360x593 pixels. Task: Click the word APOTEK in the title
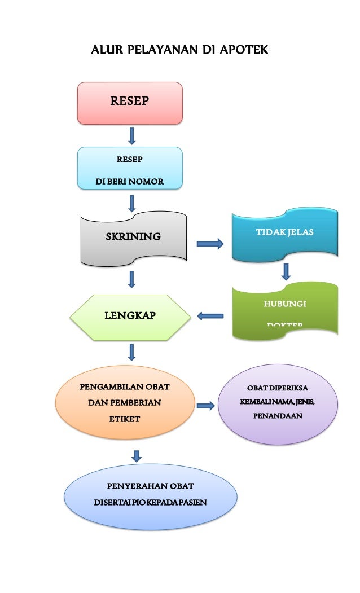tap(244, 51)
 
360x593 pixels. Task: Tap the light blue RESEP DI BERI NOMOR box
tap(130, 168)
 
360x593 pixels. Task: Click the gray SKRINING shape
tap(133, 238)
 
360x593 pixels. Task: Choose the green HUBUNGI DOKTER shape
tap(285, 311)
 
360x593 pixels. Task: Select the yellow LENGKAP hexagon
tap(130, 317)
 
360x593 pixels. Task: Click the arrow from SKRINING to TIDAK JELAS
tap(210, 244)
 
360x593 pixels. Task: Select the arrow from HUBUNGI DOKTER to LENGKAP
tap(210, 317)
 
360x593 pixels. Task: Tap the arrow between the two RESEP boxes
tap(132, 135)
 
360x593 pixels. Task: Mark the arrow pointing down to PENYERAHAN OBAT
tap(136, 455)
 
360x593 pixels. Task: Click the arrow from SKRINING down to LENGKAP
tap(132, 279)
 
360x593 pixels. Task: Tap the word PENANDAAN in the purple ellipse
tap(278, 416)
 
